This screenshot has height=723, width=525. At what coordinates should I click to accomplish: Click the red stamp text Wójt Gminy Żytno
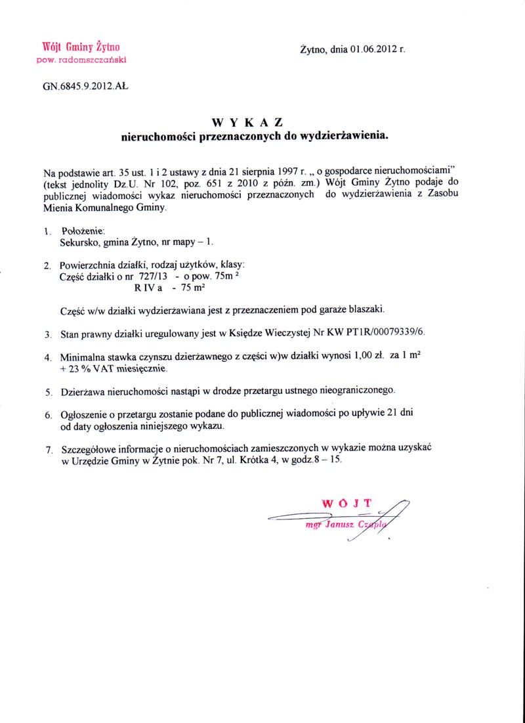(81, 47)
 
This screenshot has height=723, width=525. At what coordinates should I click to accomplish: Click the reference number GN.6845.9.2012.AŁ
(84, 86)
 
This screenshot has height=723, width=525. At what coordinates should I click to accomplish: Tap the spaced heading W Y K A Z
(247, 123)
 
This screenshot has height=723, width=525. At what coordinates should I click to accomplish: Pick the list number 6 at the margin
(48, 416)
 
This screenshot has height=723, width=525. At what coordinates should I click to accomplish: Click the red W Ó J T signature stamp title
(347, 504)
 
